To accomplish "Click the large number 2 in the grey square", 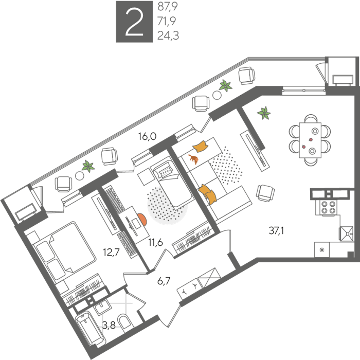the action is pyautogui.click(x=134, y=22).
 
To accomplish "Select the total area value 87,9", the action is pyautogui.click(x=167, y=7).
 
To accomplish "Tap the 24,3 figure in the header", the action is pyautogui.click(x=168, y=36).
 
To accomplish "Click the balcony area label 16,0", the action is pyautogui.click(x=147, y=136).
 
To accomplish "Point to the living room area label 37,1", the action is pyautogui.click(x=276, y=230).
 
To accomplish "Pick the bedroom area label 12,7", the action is pyautogui.click(x=112, y=253).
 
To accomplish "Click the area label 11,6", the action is pyautogui.click(x=155, y=242).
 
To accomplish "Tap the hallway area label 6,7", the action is pyautogui.click(x=164, y=281).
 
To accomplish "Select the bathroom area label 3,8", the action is pyautogui.click(x=109, y=325).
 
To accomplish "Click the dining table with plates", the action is pyautogui.click(x=310, y=140).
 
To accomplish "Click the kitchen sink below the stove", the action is pyautogui.click(x=347, y=233).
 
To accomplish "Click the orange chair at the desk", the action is pyautogui.click(x=142, y=220).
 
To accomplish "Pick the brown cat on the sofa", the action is pyautogui.click(x=193, y=159).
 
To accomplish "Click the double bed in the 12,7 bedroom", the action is pyautogui.click(x=64, y=251).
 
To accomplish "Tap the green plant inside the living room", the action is pyautogui.click(x=264, y=113).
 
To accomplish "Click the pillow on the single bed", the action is pyautogui.click(x=166, y=171).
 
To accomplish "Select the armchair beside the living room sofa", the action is pyautogui.click(x=265, y=193).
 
